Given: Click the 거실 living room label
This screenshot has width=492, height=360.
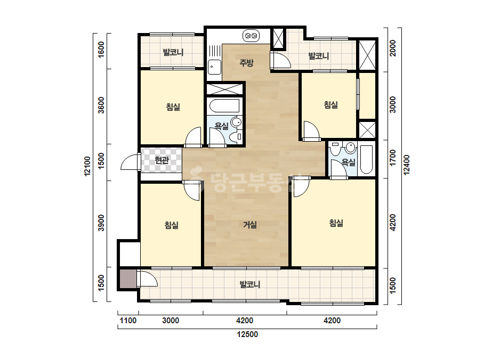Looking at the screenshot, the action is click(x=250, y=225).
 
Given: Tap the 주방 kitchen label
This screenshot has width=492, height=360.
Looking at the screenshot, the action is click(x=246, y=63).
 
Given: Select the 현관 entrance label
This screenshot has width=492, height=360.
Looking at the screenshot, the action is click(x=162, y=160).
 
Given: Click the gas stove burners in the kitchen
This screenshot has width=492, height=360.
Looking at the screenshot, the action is click(x=251, y=36).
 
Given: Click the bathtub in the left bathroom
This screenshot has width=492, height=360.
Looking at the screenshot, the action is click(x=224, y=105).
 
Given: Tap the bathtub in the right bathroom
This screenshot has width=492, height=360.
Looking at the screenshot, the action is click(x=366, y=159).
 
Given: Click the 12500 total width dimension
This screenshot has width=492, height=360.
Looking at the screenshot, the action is click(x=247, y=334).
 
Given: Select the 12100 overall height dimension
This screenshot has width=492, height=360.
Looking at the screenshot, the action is click(x=87, y=167).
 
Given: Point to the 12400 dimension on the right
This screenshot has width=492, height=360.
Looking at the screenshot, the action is click(x=406, y=165).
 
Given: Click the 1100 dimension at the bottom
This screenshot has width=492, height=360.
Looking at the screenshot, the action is click(x=128, y=321).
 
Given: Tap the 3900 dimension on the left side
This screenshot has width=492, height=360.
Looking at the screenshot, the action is click(x=101, y=223).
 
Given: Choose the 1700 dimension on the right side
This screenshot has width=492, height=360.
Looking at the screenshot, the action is click(x=392, y=158).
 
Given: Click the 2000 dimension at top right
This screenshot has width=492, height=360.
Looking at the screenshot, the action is click(x=392, y=48).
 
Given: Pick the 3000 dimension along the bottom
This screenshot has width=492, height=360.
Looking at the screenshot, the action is click(x=171, y=321).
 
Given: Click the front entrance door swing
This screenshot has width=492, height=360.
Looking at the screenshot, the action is click(x=130, y=161).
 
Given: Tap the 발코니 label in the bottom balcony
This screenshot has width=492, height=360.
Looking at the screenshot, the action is click(x=250, y=284).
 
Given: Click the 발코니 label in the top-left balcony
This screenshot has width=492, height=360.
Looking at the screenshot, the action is click(x=173, y=52).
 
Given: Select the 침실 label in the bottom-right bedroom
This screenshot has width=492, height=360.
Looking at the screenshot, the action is click(x=336, y=223).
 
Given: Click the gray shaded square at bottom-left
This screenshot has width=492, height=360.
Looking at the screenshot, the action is click(x=128, y=279).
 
